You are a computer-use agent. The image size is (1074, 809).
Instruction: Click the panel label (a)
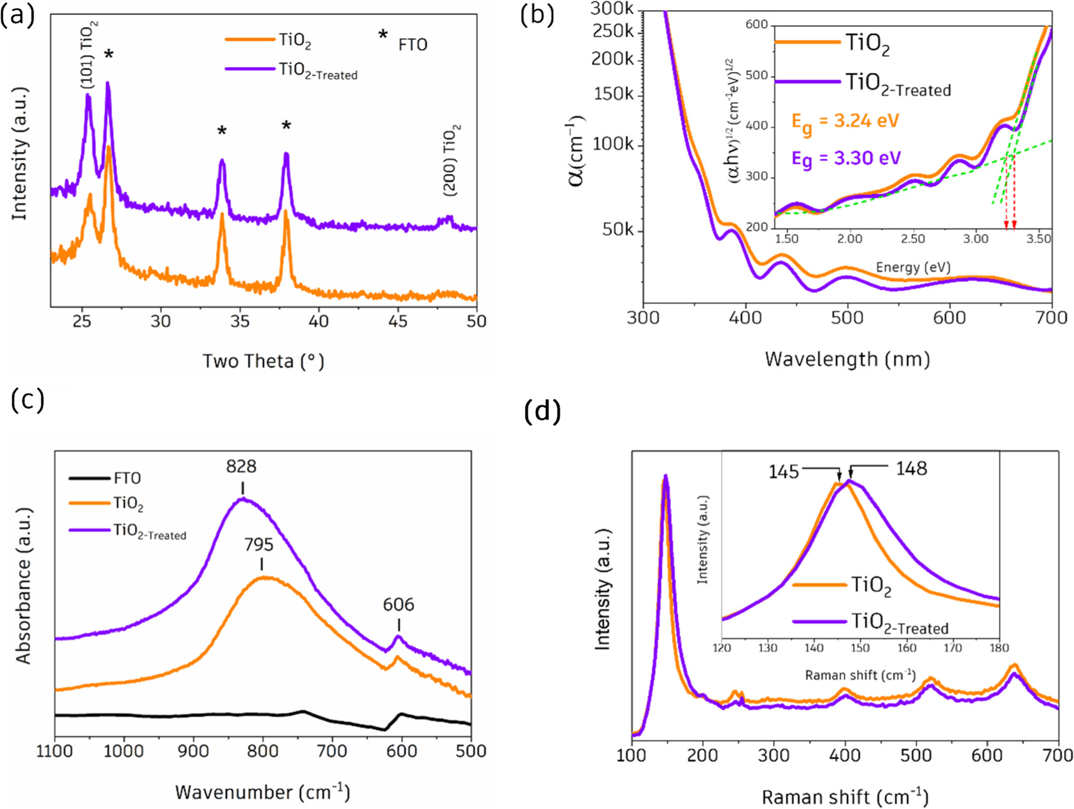pyautogui.click(x=17, y=14)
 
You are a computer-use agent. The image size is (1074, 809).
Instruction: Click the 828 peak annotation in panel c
pyautogui.click(x=242, y=466)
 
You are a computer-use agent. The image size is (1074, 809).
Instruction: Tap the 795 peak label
pyautogui.click(x=259, y=545)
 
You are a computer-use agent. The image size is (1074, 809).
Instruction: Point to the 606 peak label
pyautogui.click(x=399, y=604)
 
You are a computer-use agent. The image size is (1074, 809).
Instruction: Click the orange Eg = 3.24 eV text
pyautogui.click(x=845, y=121)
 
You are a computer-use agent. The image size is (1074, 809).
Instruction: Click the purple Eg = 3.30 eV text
pyautogui.click(x=846, y=158)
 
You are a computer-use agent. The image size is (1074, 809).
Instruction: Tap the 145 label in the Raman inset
pyautogui.click(x=784, y=471)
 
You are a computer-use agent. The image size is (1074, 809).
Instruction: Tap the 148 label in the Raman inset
pyautogui.click(x=911, y=468)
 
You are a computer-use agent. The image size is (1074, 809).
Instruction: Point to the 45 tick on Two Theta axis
pyautogui.click(x=397, y=321)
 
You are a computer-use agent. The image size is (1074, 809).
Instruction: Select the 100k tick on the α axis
pyautogui.click(x=613, y=144)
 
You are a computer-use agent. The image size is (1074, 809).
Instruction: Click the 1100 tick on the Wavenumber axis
pyautogui.click(x=54, y=751)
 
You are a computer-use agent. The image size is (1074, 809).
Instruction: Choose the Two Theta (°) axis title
pyautogui.click(x=263, y=361)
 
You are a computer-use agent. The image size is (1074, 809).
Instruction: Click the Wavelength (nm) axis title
pyautogui.click(x=847, y=359)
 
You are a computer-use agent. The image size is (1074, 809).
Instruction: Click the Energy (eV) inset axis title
pyautogui.click(x=913, y=267)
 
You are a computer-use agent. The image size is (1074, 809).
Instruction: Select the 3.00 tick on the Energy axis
pyautogui.click(x=976, y=239)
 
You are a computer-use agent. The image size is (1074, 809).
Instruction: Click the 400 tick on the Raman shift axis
pyautogui.click(x=845, y=756)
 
